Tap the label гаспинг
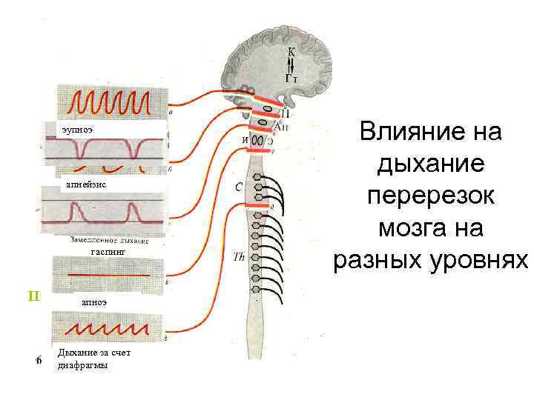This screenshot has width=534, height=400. [x=108, y=253]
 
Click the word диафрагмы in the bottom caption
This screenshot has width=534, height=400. [x=82, y=365]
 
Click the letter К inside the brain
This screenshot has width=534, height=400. [x=291, y=53]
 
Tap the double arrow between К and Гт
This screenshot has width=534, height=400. [x=291, y=64]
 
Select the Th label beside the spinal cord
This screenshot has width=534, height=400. [x=239, y=257]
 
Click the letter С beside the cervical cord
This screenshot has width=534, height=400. [x=239, y=187]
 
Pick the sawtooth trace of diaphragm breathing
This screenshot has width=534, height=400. [x=108, y=327]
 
